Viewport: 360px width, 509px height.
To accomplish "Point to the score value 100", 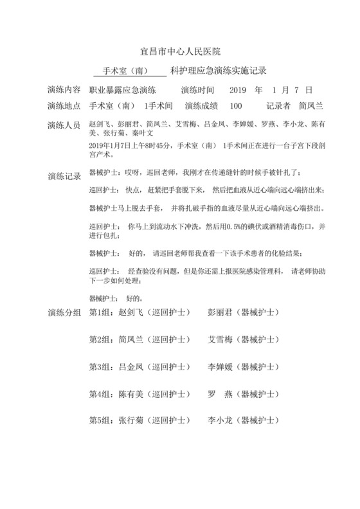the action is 235,105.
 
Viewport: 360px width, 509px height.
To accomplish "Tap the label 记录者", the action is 278,105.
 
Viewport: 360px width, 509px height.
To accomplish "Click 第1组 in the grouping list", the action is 100,313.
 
